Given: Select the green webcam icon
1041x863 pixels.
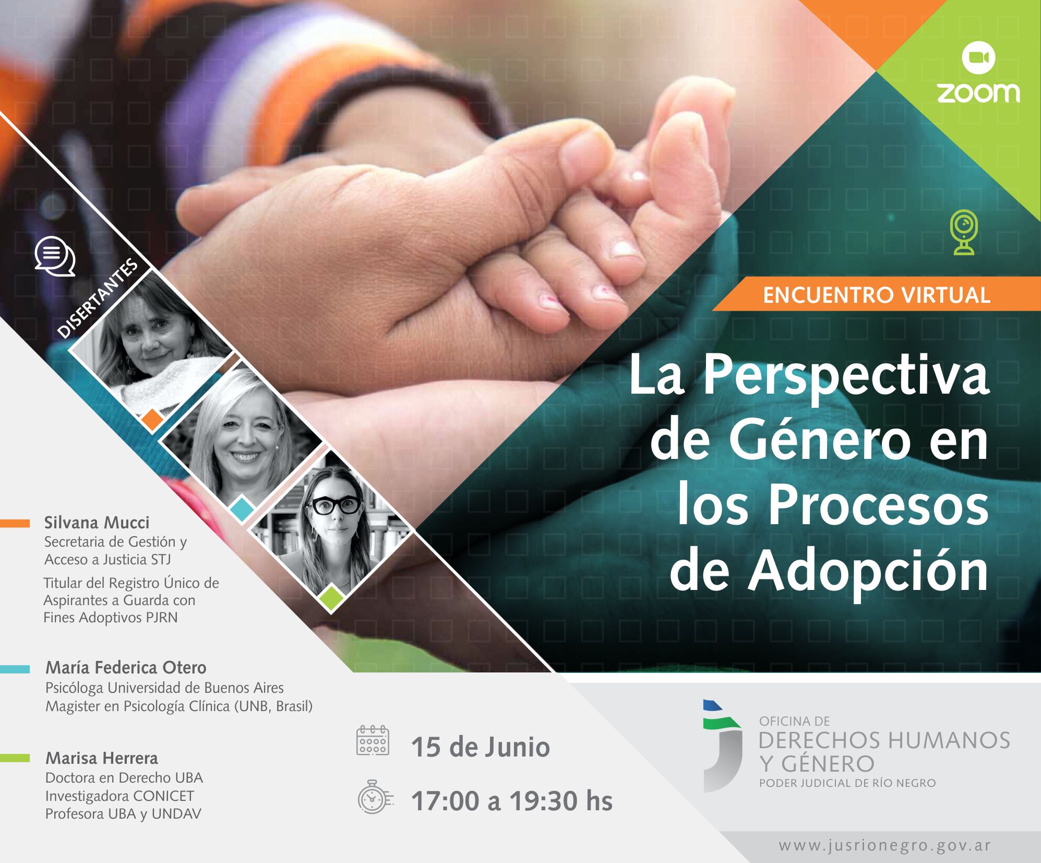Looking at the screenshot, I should (963, 232).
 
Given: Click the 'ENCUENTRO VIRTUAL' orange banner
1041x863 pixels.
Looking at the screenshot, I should (876, 295).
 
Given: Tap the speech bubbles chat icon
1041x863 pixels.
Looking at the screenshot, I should (55, 256).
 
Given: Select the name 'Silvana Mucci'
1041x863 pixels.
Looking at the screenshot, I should (97, 523).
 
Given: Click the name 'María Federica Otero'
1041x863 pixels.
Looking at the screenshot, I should (126, 667).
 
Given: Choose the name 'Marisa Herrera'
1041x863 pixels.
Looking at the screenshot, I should (101, 758).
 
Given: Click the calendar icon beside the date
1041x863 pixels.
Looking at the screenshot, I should (372, 740).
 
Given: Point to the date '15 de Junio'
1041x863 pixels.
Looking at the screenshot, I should (480, 747).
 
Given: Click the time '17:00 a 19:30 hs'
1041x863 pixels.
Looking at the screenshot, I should (511, 801).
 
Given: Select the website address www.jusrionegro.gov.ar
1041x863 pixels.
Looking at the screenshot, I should (884, 846).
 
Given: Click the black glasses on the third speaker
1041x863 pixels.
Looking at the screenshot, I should (336, 505).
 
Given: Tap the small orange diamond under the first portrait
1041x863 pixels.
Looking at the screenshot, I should (152, 419).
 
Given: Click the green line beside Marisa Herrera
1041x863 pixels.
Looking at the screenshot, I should (15, 758).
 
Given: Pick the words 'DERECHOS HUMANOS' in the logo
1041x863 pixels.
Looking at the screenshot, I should (884, 740).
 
